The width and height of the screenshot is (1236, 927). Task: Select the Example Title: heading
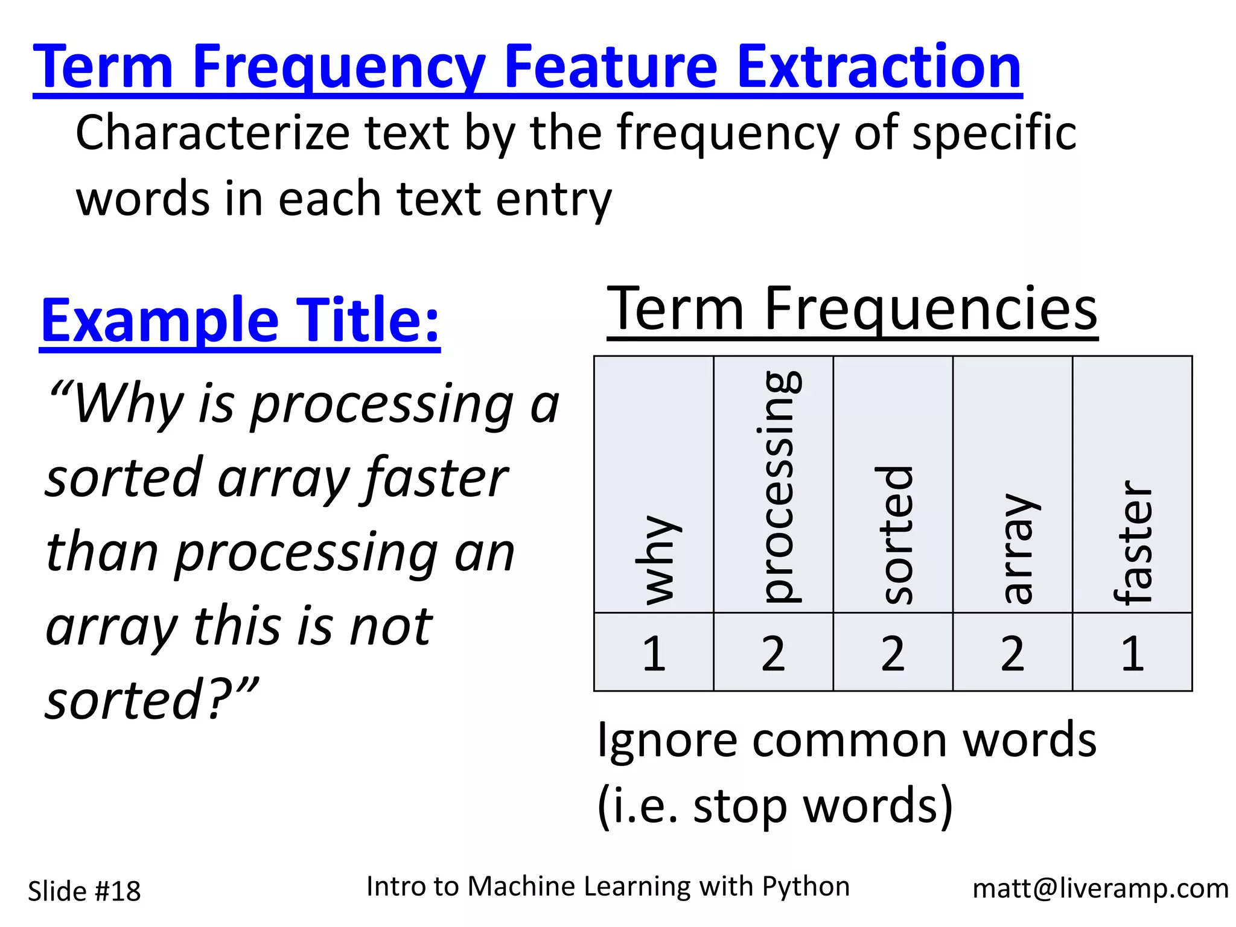240,320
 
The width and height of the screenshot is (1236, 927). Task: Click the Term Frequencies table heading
852,309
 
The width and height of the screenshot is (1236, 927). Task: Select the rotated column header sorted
894,535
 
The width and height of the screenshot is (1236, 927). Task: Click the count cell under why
654,653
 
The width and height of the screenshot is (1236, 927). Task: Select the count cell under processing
773,653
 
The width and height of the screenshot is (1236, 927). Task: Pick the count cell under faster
1132,653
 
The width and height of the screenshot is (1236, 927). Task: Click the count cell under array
1012,653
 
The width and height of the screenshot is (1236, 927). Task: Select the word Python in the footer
805,886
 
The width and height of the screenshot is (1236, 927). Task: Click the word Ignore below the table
667,741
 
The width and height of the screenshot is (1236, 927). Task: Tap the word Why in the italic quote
127,404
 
